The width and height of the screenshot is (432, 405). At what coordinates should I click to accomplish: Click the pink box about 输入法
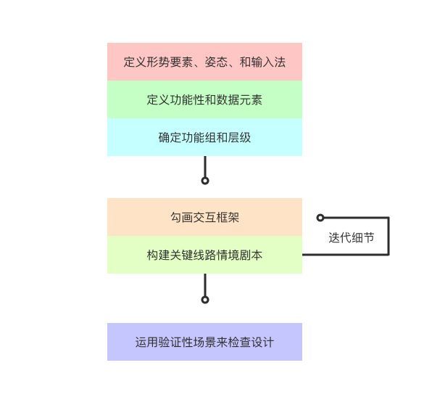coord(204,62)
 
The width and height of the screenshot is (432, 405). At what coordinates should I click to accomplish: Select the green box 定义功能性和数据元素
coord(204,99)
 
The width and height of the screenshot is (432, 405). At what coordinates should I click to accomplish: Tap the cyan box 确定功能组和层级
coord(204,137)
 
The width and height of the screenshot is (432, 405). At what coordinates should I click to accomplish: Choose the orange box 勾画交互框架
coord(204,217)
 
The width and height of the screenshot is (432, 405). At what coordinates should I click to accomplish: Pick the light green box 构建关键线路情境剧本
coord(204,255)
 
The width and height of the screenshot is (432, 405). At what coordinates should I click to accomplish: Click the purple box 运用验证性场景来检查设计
coord(204,342)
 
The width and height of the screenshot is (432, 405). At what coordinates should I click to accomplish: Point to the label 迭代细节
coord(352,237)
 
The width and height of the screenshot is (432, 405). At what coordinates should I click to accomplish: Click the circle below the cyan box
coord(205,181)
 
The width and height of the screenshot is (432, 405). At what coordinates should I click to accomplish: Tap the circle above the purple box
coord(205,300)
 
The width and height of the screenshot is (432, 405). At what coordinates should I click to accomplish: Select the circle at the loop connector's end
coord(320,218)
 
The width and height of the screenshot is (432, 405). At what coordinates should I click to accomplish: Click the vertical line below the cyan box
coord(205,167)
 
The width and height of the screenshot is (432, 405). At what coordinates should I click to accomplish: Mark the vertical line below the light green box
coord(205,285)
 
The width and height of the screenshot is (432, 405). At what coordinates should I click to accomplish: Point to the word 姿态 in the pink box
coord(216,62)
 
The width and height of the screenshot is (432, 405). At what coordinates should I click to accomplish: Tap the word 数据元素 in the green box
coord(239,99)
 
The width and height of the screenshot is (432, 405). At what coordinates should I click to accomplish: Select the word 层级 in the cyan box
coord(239,137)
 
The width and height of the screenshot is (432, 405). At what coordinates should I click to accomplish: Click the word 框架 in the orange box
coord(228,218)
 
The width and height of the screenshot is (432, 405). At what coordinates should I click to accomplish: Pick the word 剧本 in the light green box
coord(251,255)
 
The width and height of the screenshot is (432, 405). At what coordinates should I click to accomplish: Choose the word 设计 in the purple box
coord(262,342)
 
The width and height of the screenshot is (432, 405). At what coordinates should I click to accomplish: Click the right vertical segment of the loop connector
coord(389,236)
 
